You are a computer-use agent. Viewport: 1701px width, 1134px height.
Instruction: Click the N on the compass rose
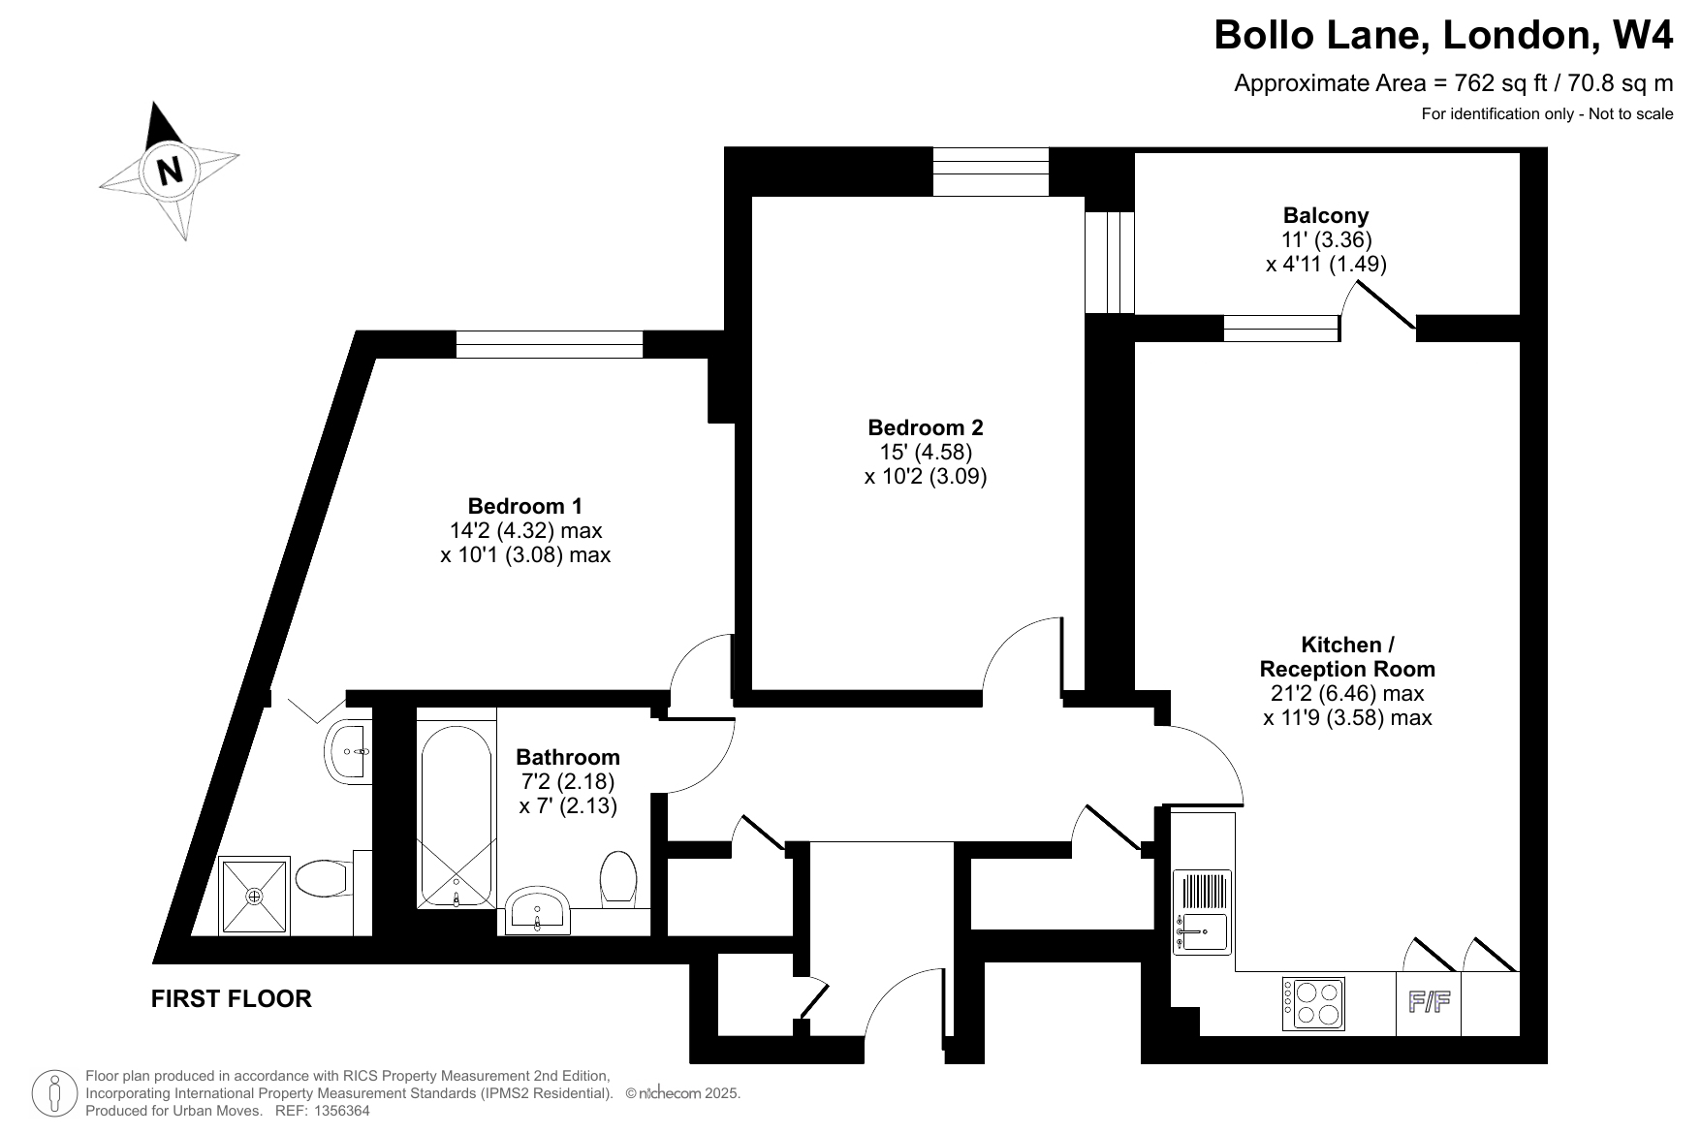(171, 171)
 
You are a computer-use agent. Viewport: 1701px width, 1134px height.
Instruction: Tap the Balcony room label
(1326, 215)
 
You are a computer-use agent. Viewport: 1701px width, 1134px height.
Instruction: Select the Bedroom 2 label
(926, 427)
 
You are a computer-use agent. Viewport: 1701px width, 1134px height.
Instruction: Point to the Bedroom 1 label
(525, 506)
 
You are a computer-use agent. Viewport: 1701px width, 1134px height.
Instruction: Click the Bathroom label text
(568, 757)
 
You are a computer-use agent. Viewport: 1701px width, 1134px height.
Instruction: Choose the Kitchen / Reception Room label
(1347, 656)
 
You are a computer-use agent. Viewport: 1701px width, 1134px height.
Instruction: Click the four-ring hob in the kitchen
(1314, 1003)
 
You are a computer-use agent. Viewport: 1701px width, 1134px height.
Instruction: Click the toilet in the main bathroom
(617, 877)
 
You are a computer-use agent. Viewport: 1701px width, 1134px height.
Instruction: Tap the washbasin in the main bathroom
(538, 909)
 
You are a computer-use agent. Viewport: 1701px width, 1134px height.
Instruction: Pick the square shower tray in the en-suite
(255, 896)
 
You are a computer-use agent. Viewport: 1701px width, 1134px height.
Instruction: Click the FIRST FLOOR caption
(232, 999)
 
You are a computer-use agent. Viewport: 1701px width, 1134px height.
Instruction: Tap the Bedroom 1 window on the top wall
(550, 344)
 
